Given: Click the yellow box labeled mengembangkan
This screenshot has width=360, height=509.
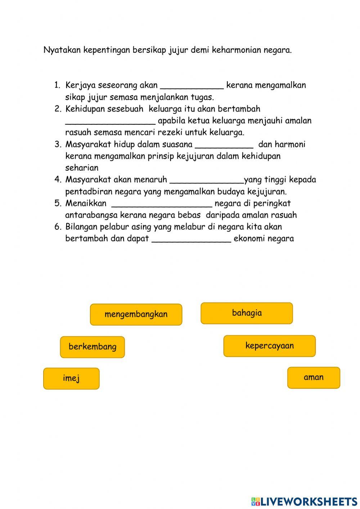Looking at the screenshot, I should coord(136,314).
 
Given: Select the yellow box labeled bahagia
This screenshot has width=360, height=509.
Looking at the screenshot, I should coord(247,313).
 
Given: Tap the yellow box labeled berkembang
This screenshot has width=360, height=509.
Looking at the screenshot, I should coord(93,347).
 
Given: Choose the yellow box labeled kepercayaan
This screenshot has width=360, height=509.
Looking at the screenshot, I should coord(269,346).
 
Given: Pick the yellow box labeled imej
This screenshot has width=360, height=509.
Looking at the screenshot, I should coord(71,378).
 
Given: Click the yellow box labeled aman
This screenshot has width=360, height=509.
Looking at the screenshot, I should coord(314,378).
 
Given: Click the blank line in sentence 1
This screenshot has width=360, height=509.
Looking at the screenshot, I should coord(192,86).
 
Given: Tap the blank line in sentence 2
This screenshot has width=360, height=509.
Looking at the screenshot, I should coord(110,122).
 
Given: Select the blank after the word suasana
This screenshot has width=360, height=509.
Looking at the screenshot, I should coord(224,146).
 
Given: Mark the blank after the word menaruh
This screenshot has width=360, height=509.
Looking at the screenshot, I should coord(206,181).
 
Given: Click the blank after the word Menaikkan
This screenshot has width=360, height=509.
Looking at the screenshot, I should coord(162,205).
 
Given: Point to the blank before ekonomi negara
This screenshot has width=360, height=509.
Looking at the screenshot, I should coord(191,240).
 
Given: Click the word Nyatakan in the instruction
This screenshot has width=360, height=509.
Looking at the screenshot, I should coord(62,50).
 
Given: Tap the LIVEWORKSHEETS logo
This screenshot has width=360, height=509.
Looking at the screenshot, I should coord(304,501).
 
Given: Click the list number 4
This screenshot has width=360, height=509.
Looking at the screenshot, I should coord(58,179).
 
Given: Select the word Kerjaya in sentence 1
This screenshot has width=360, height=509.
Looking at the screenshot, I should coord(80,85).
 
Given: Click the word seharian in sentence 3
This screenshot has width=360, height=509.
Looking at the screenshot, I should coord(82,168).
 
